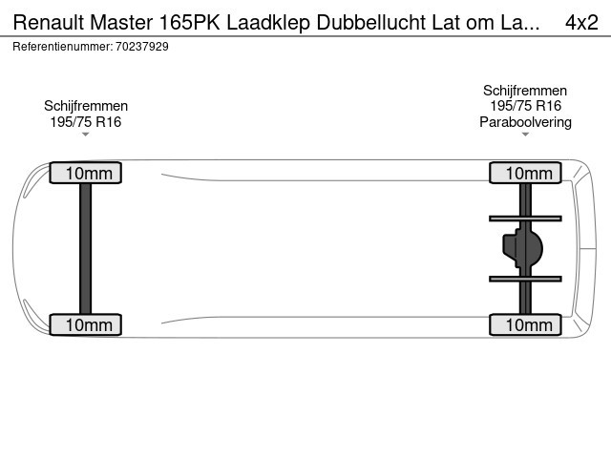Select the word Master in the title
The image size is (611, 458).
[121, 23]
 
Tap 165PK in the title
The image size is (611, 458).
[189, 23]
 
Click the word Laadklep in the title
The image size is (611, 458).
[268, 24]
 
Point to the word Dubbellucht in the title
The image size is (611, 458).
[371, 23]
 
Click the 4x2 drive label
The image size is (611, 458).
[581, 23]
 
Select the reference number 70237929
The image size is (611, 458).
[142, 47]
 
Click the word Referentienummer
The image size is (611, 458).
[63, 47]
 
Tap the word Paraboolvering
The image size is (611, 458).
[525, 122]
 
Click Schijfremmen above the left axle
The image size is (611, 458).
[86, 106]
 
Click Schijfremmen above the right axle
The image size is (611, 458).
[525, 91]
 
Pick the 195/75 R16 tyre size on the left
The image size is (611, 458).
[86, 122]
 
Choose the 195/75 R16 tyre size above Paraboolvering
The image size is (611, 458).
[525, 106]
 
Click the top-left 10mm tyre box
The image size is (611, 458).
[86, 173]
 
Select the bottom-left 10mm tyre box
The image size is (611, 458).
[86, 324]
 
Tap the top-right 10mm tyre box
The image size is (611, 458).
[525, 173]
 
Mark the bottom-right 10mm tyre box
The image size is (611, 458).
[525, 324]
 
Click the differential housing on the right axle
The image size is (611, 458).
[522, 248]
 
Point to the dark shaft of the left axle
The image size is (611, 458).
[85, 248]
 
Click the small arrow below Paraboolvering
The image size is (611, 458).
[525, 135]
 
